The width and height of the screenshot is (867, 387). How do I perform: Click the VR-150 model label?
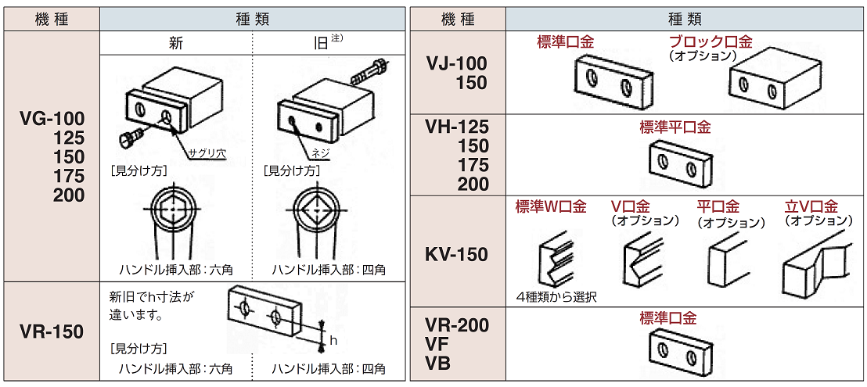tap(51, 332)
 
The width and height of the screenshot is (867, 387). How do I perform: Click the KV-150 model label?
tap(457, 255)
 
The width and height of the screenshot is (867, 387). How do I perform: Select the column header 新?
tap(176, 44)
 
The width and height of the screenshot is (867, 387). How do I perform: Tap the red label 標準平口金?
tap(675, 127)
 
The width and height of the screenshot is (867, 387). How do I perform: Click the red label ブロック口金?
tap(710, 42)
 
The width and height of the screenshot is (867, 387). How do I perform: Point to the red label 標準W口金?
tap(551, 207)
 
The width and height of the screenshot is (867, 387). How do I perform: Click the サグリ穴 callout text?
tap(210, 154)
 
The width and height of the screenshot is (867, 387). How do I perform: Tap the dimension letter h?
tap(333, 341)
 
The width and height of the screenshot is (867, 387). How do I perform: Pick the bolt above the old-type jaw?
tap(368, 73)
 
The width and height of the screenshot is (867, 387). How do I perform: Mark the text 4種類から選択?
tap(556, 297)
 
